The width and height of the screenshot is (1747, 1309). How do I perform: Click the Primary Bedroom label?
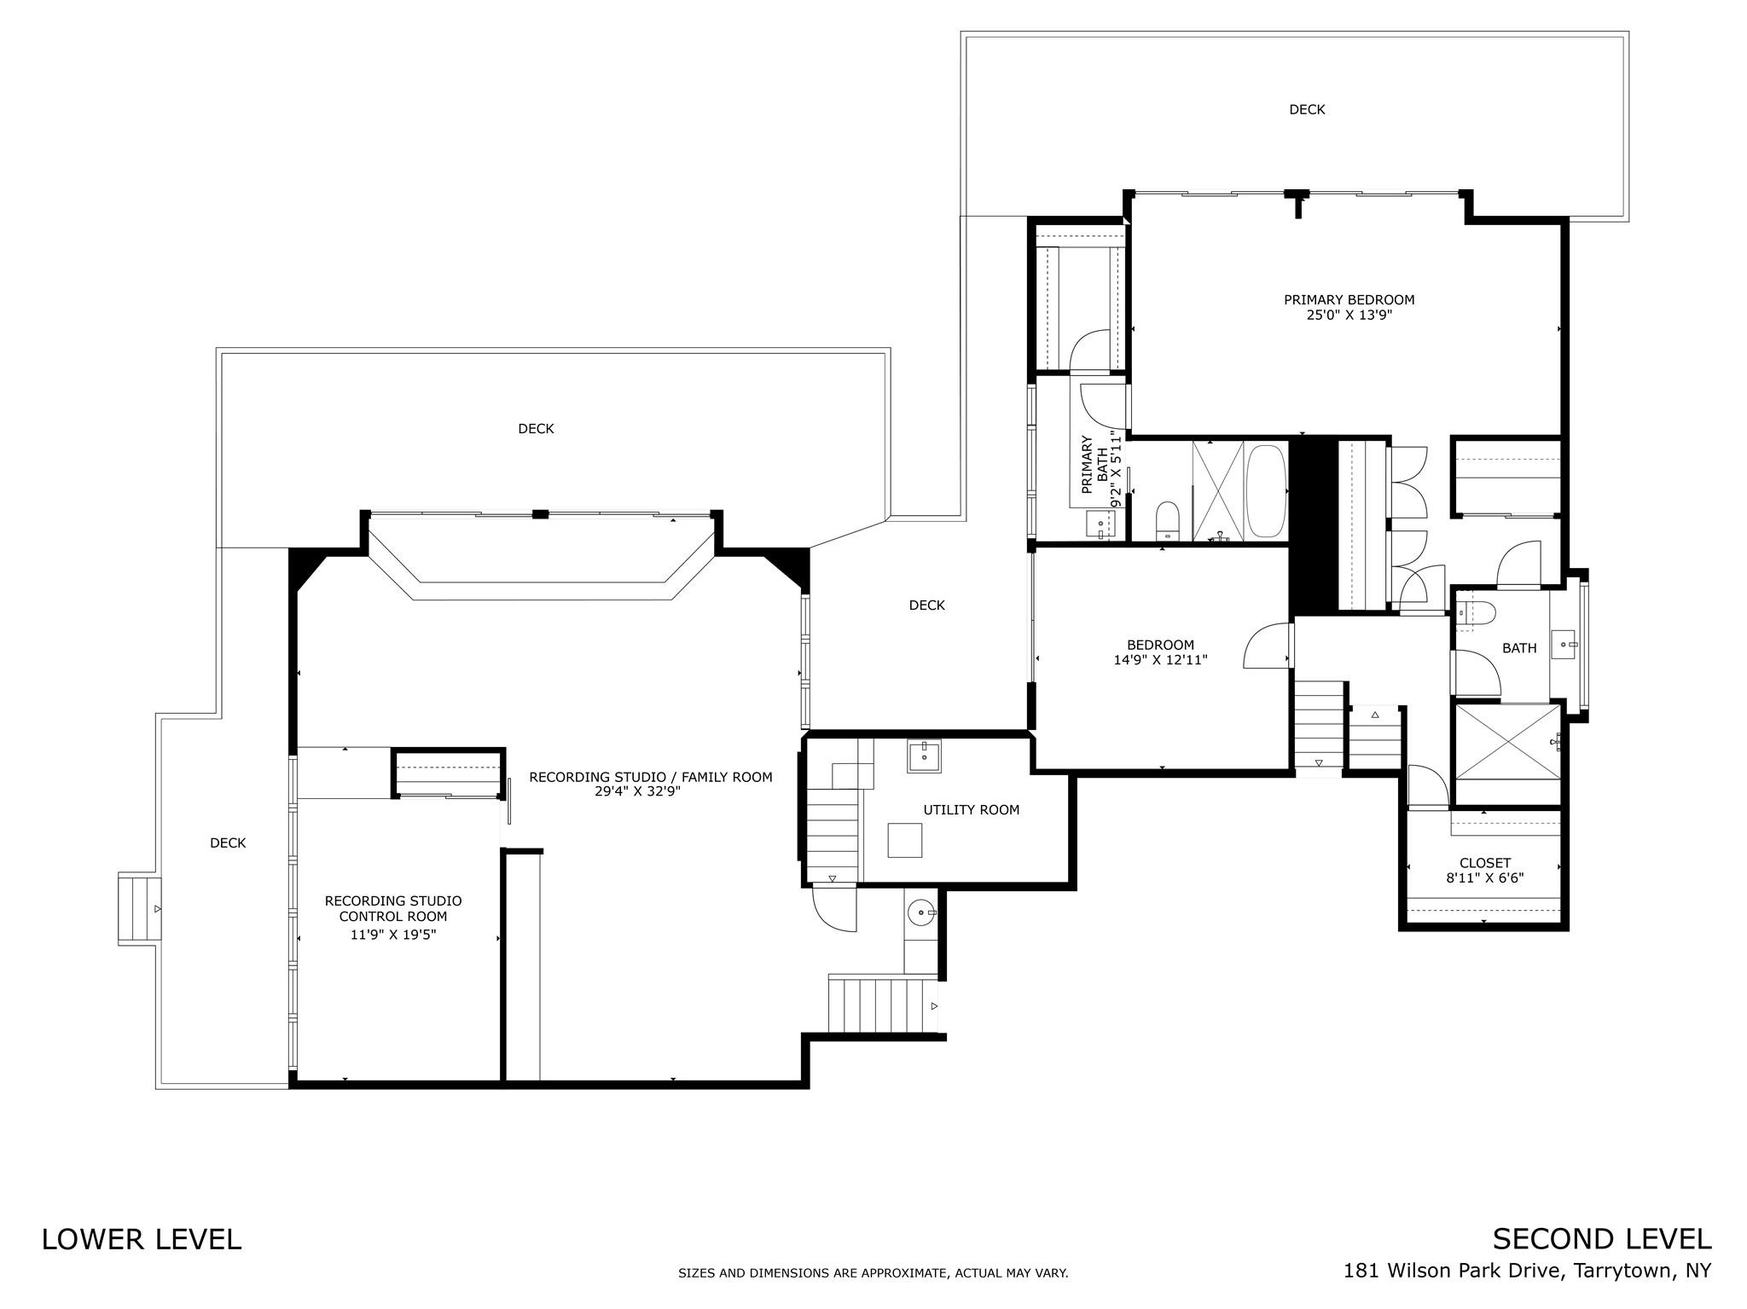tap(1349, 300)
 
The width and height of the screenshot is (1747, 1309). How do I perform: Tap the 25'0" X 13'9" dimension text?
tap(1349, 315)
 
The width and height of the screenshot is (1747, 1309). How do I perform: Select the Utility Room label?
tap(971, 810)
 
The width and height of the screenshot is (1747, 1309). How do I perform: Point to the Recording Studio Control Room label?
tap(393, 909)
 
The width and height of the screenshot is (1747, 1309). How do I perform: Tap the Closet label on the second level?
tap(1485, 863)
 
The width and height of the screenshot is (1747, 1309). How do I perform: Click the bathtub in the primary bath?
tap(1266, 490)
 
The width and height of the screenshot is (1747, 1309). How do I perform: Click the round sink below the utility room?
tap(921, 913)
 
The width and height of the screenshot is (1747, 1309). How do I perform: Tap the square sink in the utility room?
tap(924, 756)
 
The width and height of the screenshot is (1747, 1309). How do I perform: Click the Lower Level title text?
tap(142, 1239)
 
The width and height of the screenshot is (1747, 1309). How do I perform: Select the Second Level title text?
tap(1602, 1239)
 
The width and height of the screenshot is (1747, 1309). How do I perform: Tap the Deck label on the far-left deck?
tap(228, 843)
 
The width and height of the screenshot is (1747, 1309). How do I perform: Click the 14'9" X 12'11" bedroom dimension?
tap(1160, 660)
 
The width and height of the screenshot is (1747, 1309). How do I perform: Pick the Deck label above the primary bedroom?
tap(1307, 109)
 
